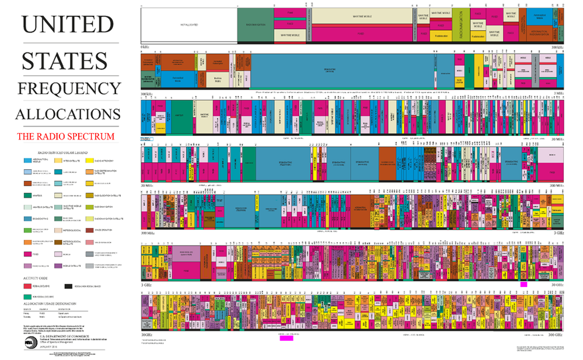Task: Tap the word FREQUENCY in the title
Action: tap(68, 88)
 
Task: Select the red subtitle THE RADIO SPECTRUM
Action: tap(65, 137)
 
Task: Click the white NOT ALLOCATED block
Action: tap(188, 25)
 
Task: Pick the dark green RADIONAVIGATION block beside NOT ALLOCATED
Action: tap(255, 25)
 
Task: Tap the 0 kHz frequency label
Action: tap(145, 47)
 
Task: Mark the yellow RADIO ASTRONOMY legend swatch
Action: tap(90, 160)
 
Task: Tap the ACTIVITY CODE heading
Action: tap(35, 278)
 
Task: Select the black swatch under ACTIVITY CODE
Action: tap(68, 287)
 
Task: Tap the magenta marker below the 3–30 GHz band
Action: tap(523, 284)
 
